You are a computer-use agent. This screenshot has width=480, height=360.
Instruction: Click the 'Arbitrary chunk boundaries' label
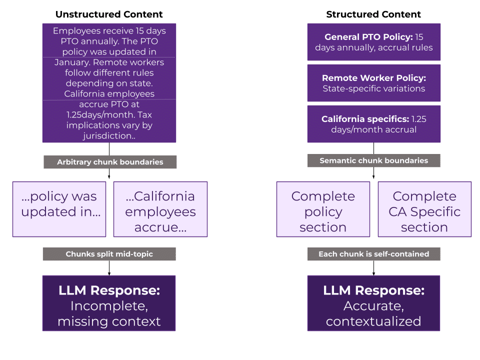110,162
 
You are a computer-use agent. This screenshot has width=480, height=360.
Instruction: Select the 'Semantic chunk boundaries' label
373,160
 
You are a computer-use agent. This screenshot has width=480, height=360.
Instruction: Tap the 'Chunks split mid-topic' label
109,254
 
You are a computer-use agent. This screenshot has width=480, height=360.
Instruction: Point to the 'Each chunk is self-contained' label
373,254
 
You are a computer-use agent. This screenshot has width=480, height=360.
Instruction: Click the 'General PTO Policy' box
373,42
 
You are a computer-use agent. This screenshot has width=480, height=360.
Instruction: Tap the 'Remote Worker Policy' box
373,83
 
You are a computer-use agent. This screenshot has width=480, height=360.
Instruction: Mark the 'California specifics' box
373,124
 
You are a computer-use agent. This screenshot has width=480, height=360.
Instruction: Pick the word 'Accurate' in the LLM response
373,306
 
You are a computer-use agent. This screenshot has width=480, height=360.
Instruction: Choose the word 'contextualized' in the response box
373,321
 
